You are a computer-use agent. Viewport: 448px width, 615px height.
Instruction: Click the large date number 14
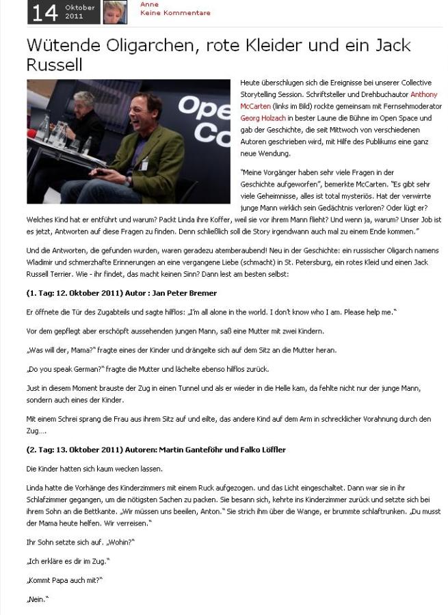45,12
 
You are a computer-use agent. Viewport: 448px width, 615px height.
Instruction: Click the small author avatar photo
115,12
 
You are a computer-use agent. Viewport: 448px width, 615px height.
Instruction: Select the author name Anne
149,4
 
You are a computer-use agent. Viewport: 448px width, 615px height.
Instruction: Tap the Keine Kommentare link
175,13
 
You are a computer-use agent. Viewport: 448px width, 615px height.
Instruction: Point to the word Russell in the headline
54,65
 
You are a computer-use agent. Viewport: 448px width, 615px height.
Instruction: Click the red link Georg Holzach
263,118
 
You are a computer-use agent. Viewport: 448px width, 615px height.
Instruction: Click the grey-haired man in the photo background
84,106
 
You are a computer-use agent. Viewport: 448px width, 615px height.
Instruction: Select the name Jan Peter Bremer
188,293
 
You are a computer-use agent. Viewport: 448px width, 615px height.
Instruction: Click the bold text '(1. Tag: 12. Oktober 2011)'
74,293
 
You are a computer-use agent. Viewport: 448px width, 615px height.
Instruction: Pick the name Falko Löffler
261,450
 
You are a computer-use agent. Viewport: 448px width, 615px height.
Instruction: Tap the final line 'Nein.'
37,599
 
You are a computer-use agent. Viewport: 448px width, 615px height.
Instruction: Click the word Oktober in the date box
80,7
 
